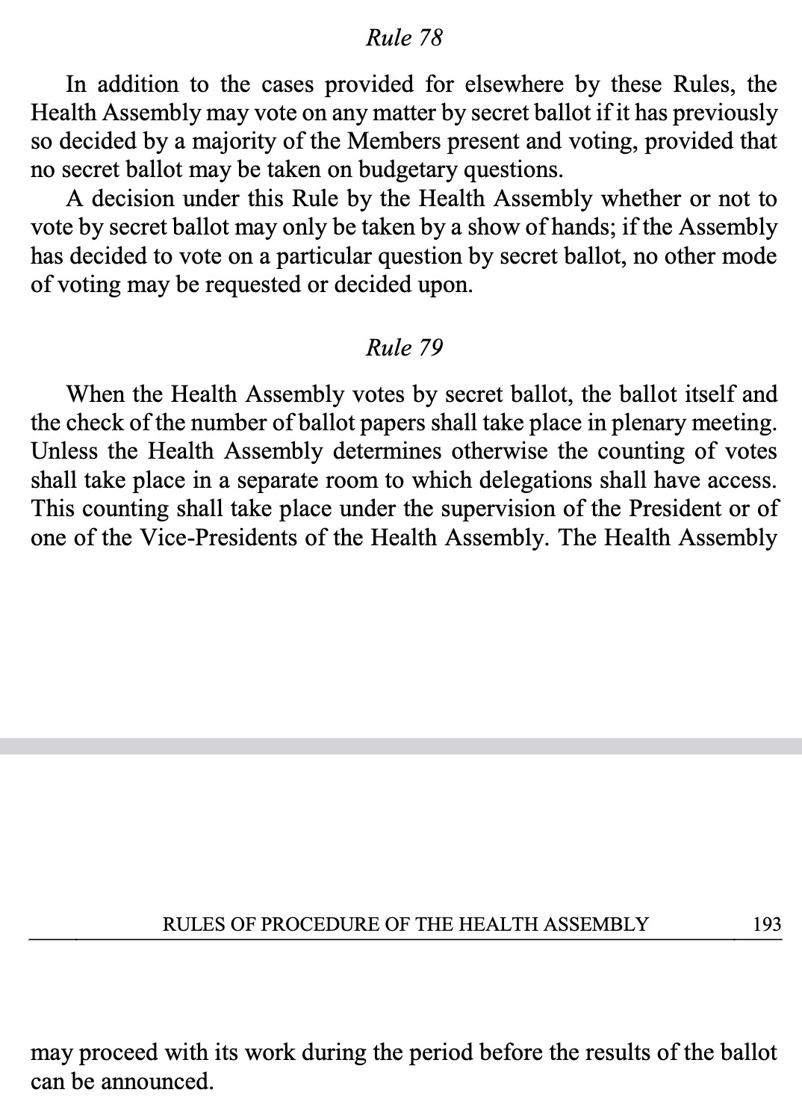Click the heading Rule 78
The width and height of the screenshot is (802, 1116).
(404, 37)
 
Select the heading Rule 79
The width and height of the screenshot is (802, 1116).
(404, 347)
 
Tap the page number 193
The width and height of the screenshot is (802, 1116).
(767, 925)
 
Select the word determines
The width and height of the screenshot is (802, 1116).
(387, 451)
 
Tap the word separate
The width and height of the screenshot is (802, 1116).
(279, 480)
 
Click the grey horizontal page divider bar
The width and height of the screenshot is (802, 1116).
(401, 745)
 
